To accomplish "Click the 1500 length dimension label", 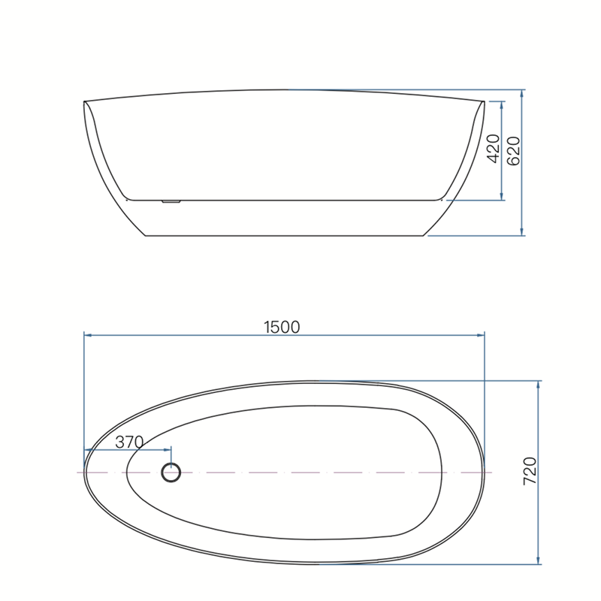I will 282,327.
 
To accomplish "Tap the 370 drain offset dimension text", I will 128,442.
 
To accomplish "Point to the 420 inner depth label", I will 493,149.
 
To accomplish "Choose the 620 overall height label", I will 513,150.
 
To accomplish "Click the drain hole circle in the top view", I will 172,473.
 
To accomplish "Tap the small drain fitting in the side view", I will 172,201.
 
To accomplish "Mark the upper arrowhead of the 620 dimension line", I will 523,93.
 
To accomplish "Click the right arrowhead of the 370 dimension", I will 169,450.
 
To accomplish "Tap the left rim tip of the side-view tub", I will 83,101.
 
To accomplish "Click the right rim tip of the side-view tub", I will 485,101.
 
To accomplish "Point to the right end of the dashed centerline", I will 492,473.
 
